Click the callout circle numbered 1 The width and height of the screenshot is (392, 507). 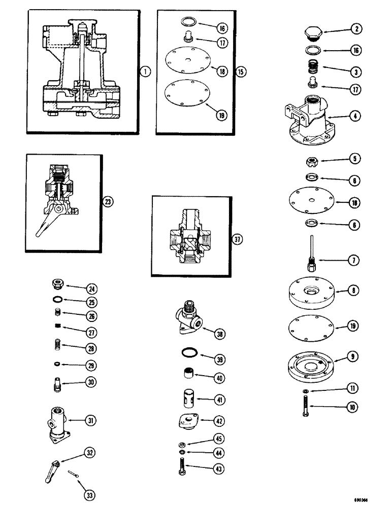(146, 71)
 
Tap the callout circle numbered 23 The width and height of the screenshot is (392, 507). (108, 201)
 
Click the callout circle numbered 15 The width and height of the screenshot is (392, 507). (241, 71)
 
